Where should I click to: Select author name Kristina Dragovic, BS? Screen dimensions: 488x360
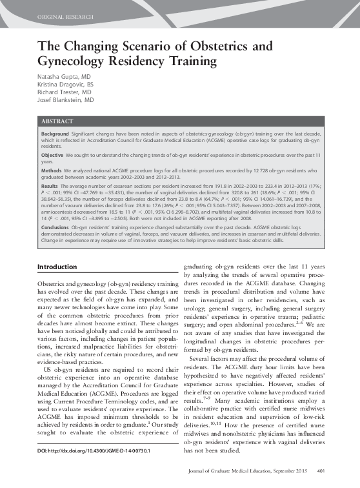(65, 85)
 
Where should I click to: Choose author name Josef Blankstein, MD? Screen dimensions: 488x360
(65, 101)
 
